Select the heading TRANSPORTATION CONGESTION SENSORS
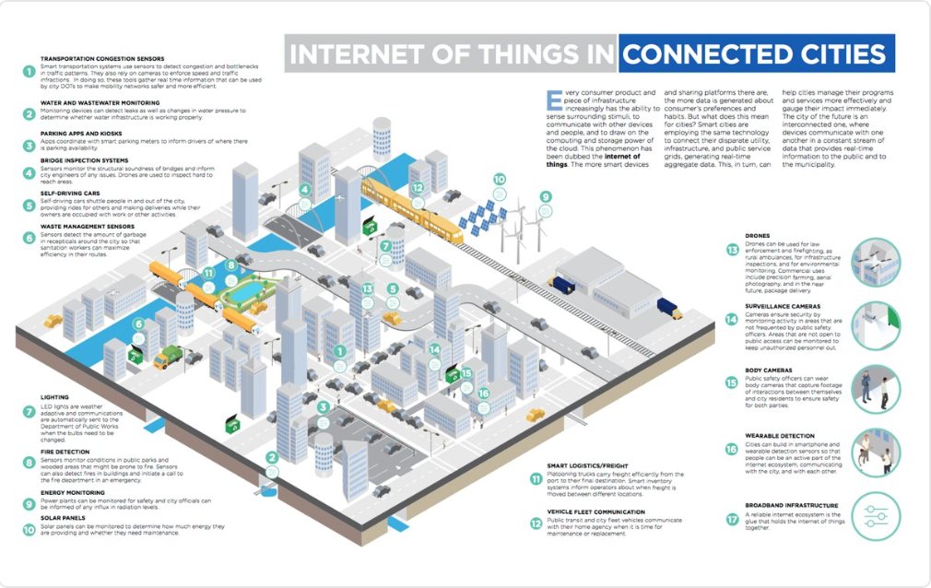(101, 57)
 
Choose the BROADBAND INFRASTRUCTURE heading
(793, 505)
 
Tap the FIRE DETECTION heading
(67, 451)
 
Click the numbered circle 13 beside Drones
(733, 250)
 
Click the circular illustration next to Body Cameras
(875, 387)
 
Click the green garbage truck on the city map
(169, 357)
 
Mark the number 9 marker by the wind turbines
(546, 196)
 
